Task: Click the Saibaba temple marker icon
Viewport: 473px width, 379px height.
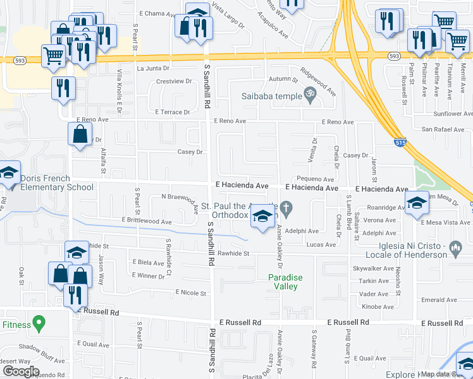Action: [x=310, y=96]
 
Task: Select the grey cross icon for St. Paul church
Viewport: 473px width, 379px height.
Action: [x=286, y=207]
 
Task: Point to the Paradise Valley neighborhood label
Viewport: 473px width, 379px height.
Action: [x=285, y=282]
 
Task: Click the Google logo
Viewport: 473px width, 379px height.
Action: [x=20, y=371]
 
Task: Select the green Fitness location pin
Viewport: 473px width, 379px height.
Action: [x=39, y=324]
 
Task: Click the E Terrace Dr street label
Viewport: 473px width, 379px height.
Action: [x=173, y=112]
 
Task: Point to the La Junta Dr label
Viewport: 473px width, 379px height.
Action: [x=154, y=68]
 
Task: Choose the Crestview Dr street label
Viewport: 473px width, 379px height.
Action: [x=174, y=81]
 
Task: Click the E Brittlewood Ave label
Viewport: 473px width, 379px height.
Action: [x=146, y=222]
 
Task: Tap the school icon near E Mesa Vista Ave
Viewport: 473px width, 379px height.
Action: [x=417, y=203]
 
